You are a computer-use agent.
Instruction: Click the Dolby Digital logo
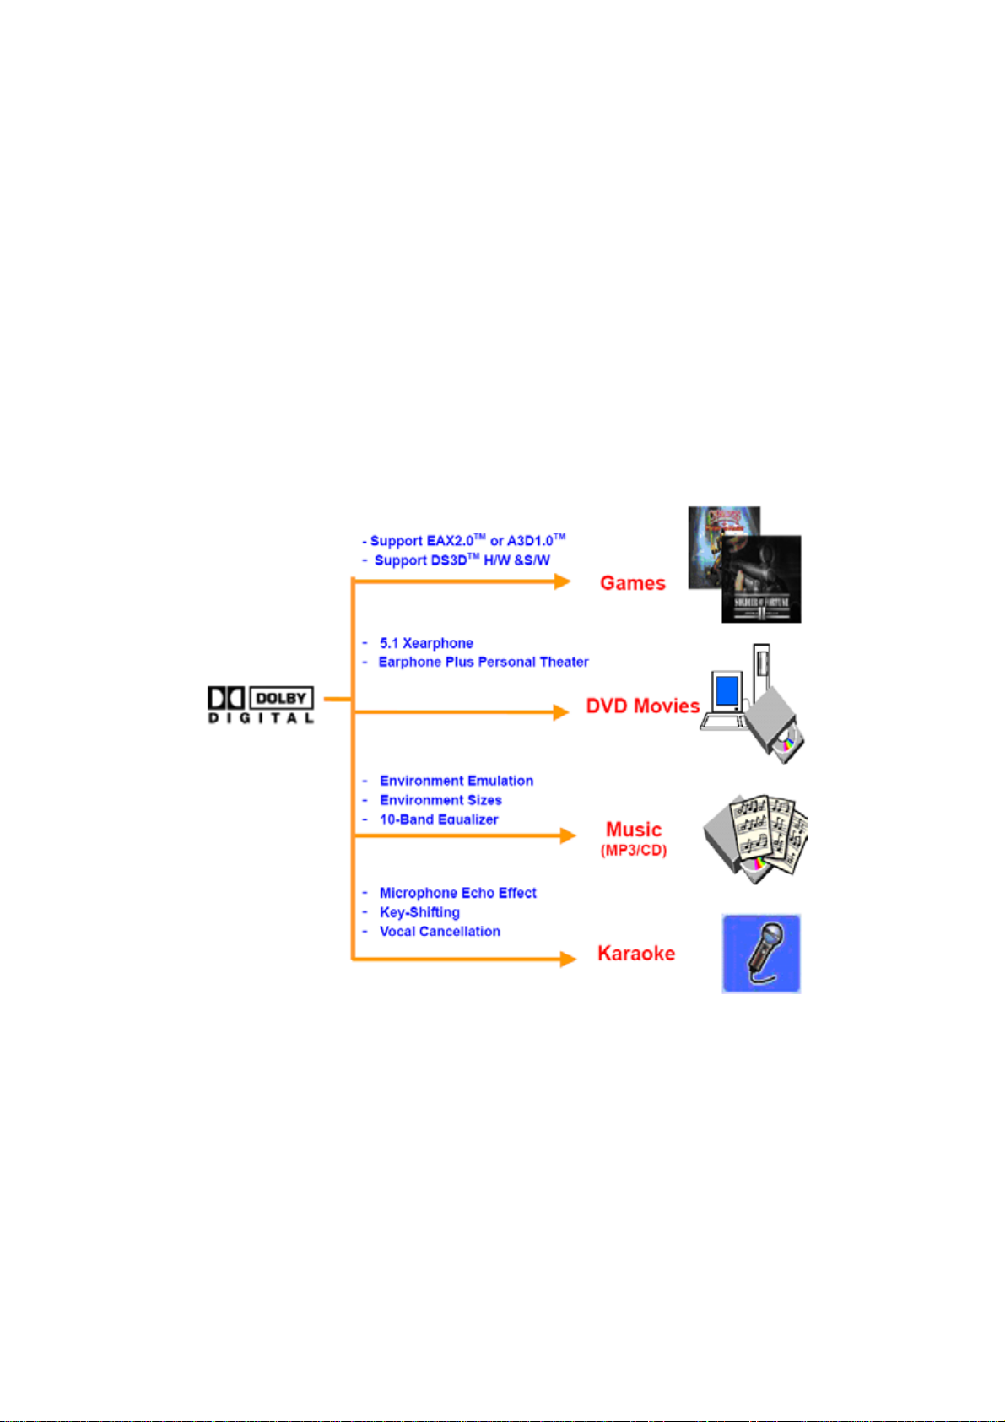click(261, 704)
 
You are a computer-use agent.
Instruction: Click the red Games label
click(632, 583)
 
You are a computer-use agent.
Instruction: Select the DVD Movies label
click(642, 706)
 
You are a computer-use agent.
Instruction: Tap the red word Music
click(634, 829)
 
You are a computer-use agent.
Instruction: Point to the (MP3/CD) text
click(634, 851)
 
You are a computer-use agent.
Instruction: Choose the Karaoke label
click(636, 953)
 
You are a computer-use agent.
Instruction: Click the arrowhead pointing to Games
click(563, 581)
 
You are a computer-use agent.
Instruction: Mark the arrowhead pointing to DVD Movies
click(561, 712)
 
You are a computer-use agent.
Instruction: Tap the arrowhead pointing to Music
click(568, 835)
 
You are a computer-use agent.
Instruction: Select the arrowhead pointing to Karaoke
click(568, 959)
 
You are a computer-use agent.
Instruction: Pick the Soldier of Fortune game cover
click(761, 579)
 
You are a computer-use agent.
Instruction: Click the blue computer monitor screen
click(727, 692)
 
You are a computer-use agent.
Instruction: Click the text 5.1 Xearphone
click(426, 643)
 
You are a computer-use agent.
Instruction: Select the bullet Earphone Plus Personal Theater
click(484, 662)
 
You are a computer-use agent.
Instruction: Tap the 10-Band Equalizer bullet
click(439, 819)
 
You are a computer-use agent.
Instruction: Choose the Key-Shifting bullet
click(419, 912)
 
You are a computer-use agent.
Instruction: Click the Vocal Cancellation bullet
click(440, 932)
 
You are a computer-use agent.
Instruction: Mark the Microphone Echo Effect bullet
click(457, 893)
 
